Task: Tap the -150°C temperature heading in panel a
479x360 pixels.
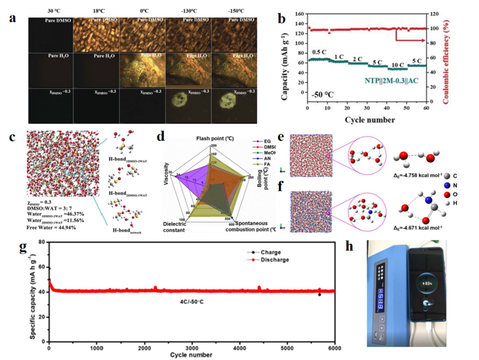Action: click(236, 11)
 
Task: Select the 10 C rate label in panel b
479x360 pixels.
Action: click(397, 65)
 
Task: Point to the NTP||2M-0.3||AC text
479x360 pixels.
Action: click(391, 81)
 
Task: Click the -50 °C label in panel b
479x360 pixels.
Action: click(322, 94)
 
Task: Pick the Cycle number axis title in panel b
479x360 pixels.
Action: click(370, 120)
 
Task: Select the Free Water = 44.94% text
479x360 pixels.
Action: click(51, 228)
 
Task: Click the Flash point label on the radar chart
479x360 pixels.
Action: click(215, 138)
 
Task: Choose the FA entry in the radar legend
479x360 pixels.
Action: click(267, 164)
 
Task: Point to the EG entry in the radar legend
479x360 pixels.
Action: click(267, 141)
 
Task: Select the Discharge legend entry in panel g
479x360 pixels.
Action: click(275, 260)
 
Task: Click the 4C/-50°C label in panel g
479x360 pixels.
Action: click(192, 302)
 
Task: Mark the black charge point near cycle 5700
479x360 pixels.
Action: click(319, 295)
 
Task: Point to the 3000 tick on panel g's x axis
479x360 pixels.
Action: click(192, 348)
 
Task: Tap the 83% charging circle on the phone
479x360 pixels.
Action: click(427, 283)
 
